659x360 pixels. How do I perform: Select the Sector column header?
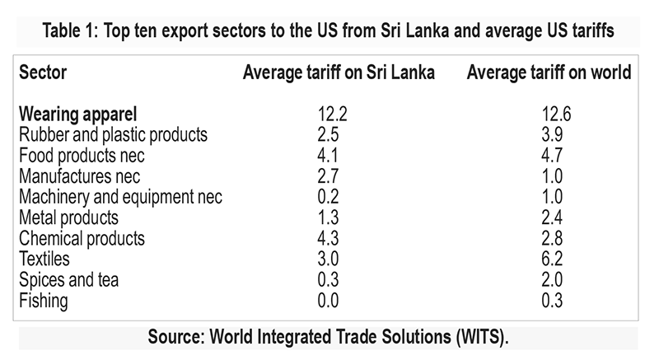(x=42, y=72)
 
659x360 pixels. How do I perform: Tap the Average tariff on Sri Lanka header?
(x=339, y=72)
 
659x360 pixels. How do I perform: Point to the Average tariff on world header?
(x=549, y=72)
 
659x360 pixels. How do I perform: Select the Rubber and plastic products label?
(x=113, y=133)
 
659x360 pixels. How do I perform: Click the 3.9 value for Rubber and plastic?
(x=551, y=133)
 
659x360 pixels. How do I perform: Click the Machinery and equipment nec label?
(x=120, y=197)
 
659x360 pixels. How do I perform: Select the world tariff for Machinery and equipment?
(x=551, y=197)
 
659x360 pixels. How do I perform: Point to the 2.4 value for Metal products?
(x=551, y=217)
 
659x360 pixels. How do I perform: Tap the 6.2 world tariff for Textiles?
(x=551, y=259)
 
